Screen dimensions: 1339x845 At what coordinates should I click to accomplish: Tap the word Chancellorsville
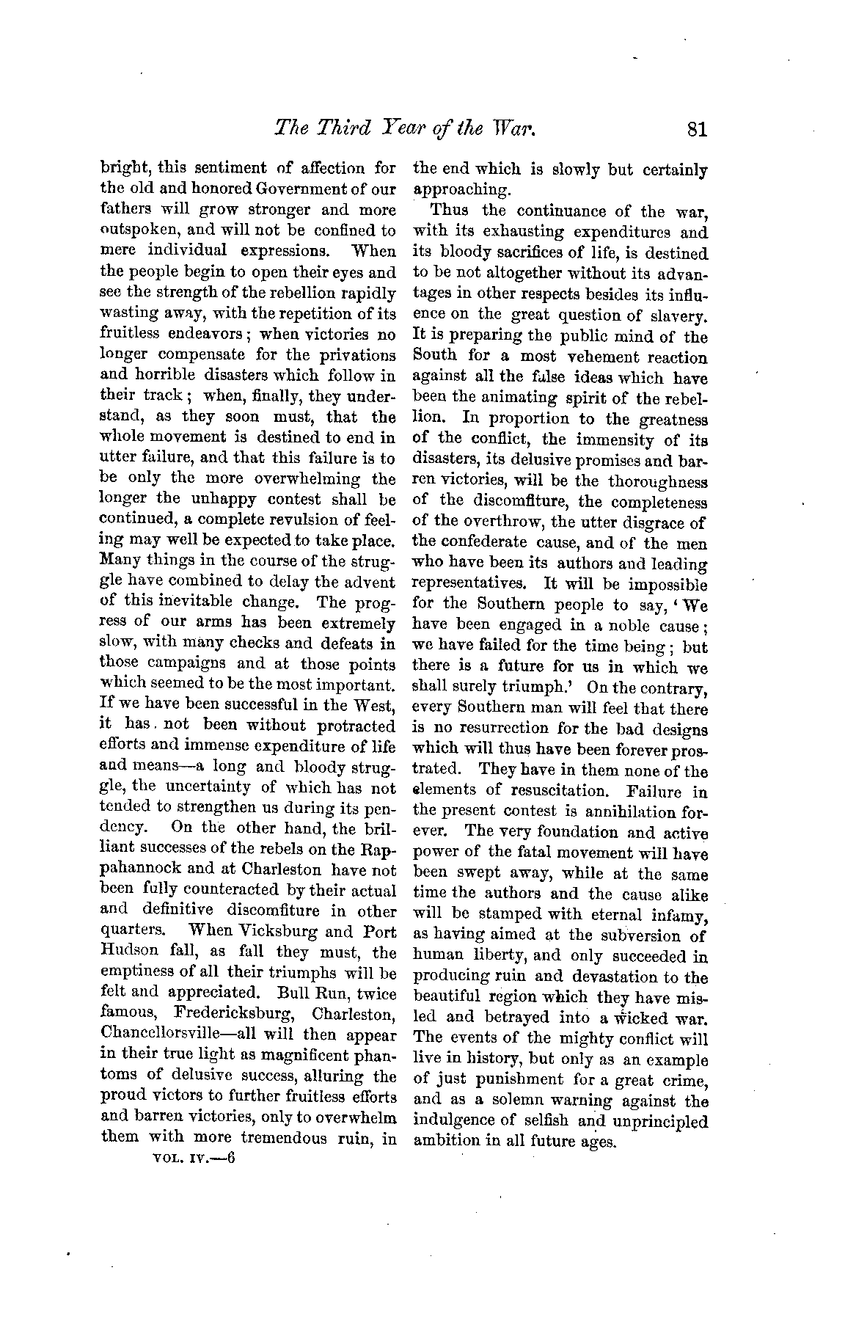coord(164,1035)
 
